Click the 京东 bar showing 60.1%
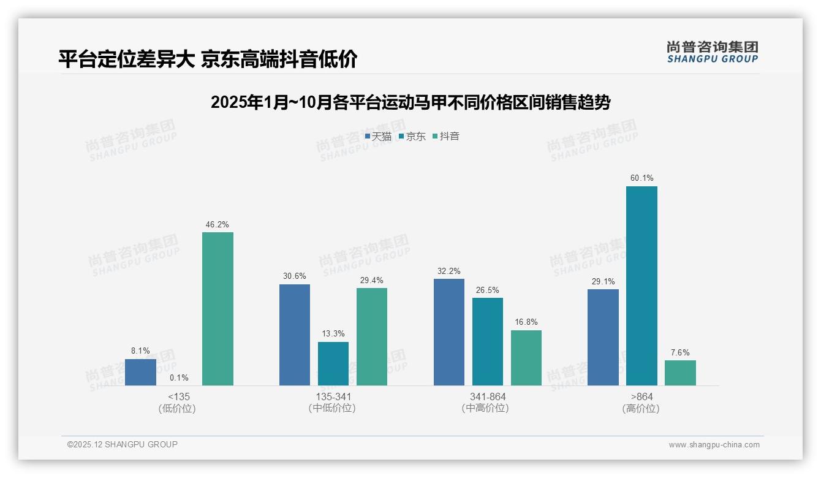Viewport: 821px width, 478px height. (x=641, y=286)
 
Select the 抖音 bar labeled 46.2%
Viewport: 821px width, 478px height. (x=218, y=309)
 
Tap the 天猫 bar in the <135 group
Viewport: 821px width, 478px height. (x=140, y=372)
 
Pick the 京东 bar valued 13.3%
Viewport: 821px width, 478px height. (x=333, y=363)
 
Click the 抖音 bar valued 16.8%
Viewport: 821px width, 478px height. (x=526, y=358)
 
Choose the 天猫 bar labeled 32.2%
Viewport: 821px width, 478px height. (x=448, y=332)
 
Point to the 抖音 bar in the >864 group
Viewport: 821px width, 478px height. (x=680, y=373)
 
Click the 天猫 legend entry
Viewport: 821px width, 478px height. (x=378, y=137)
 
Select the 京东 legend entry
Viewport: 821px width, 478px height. (x=412, y=137)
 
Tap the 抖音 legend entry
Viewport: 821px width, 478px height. (x=446, y=137)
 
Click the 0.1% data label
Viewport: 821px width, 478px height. (x=179, y=377)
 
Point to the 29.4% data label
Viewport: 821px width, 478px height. (x=371, y=280)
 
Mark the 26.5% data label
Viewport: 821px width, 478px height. (x=487, y=290)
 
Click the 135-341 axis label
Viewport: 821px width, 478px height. (x=333, y=396)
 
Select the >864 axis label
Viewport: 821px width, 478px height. (x=641, y=396)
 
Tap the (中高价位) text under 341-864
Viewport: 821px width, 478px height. (x=487, y=408)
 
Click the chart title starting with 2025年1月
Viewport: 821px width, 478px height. (x=410, y=102)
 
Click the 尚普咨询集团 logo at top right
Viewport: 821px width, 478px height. (x=712, y=52)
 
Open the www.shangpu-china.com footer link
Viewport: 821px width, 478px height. (x=714, y=445)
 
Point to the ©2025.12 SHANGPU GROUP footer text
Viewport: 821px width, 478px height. (x=123, y=444)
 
